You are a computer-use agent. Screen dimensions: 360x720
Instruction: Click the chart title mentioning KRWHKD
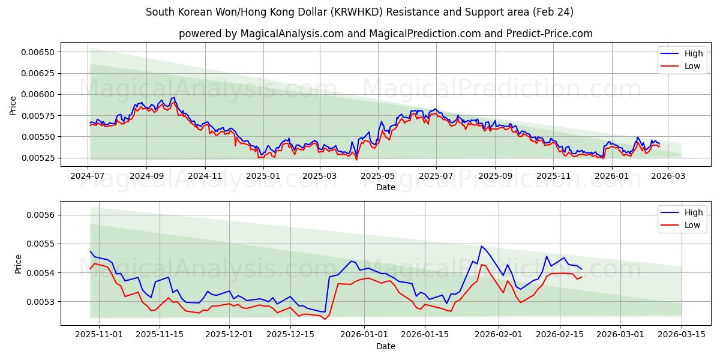359,12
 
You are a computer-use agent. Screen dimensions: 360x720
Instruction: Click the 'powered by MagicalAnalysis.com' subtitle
385,34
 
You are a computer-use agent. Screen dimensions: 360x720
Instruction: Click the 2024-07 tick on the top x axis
88,176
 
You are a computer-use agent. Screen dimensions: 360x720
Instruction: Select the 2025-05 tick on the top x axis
378,176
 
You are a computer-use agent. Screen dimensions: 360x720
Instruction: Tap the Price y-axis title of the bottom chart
18,263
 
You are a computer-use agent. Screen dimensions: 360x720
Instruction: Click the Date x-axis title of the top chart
385,187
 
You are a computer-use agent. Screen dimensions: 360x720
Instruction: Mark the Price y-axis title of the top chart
13,105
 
